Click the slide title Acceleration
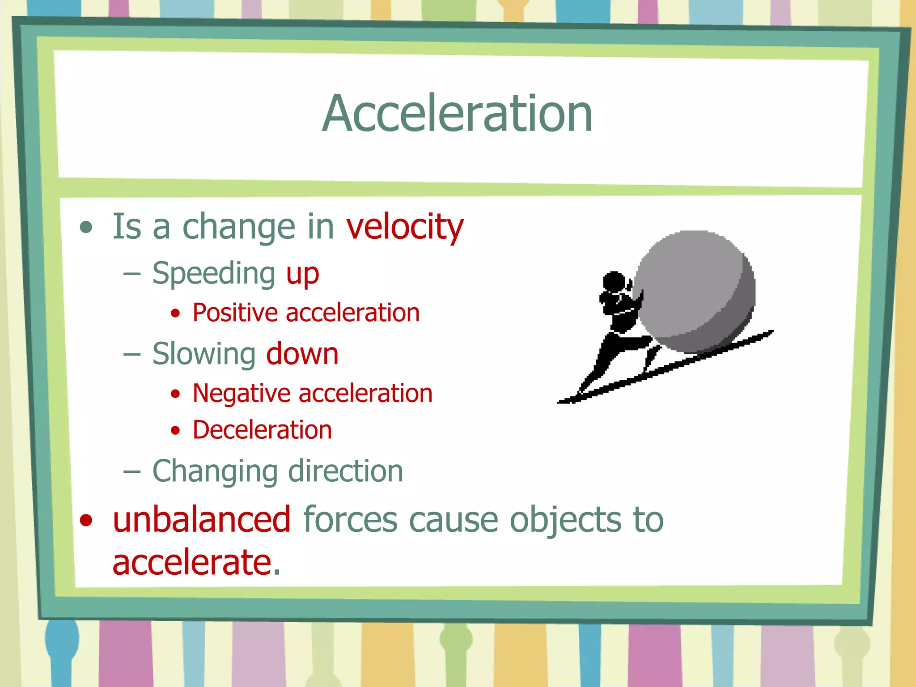click(457, 114)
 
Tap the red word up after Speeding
click(302, 274)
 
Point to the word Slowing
click(204, 354)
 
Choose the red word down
click(302, 354)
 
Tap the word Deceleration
click(262, 430)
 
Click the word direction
click(346, 471)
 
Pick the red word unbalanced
click(202, 520)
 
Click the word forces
click(350, 520)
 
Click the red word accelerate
click(192, 562)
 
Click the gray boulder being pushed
click(695, 291)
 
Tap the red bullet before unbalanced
click(86, 520)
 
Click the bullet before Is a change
click(86, 227)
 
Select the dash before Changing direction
click(132, 471)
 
